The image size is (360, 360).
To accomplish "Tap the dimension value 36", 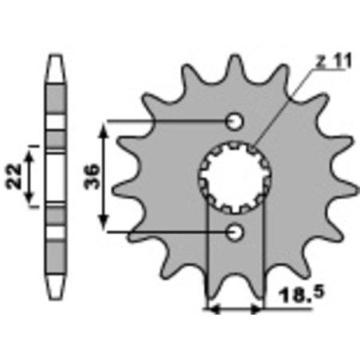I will pos(93,176).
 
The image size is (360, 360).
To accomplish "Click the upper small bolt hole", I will pos(235,122).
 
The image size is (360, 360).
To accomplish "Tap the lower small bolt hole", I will pos(235,232).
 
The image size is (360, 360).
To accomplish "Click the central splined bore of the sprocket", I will pos(235,176).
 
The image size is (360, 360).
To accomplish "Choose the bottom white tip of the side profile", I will pos(55,287).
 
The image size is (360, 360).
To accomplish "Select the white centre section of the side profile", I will pos(55,176).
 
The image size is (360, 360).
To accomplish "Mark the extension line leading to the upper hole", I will pos(167,122).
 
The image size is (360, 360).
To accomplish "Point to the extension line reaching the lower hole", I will pos(167,232).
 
